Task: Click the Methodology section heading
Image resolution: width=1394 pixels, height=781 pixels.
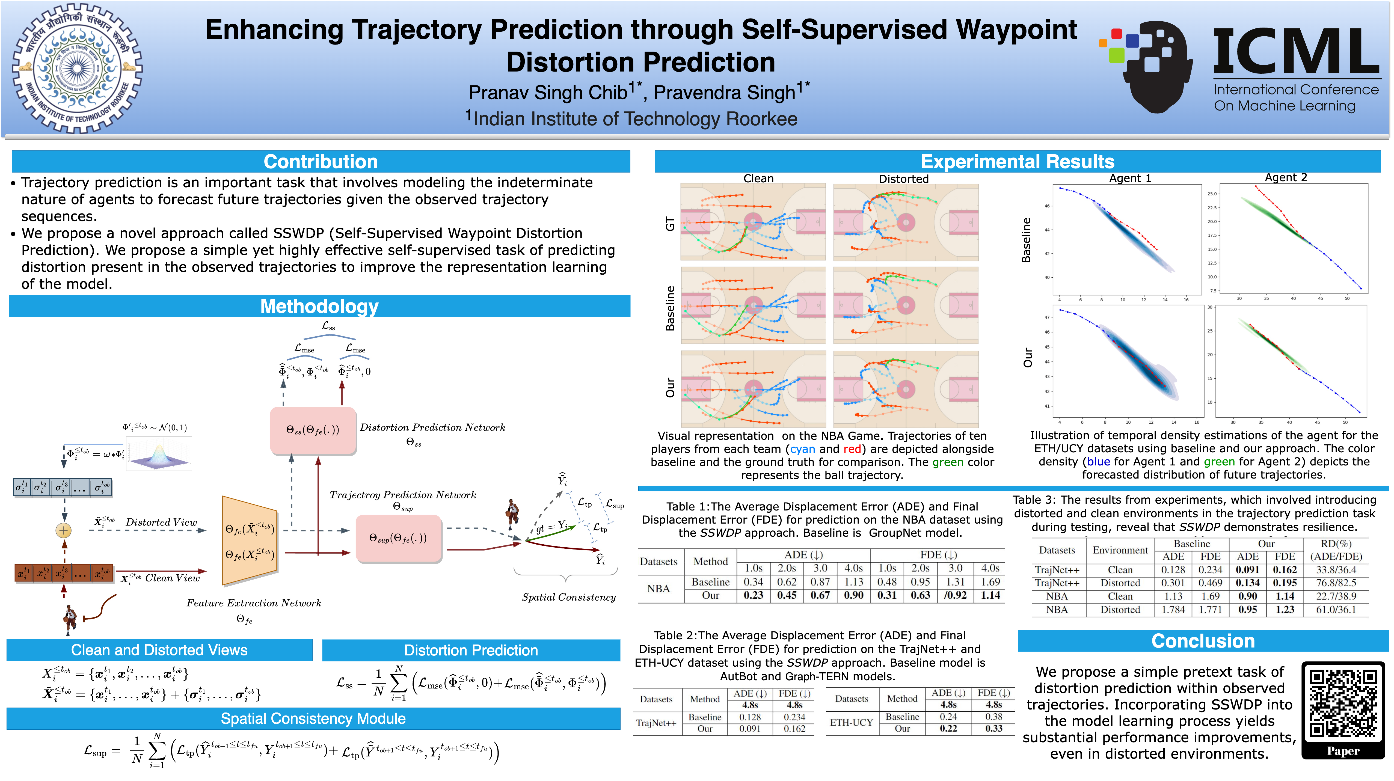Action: [319, 306]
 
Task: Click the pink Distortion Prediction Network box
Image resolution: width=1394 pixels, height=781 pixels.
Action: [313, 430]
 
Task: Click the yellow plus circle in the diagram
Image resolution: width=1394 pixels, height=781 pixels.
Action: [64, 530]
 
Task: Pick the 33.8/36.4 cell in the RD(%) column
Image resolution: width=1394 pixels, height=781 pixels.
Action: [1336, 570]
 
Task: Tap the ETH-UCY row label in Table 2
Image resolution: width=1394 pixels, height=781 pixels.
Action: [851, 723]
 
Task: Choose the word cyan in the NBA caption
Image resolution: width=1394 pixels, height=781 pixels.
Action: [802, 449]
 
